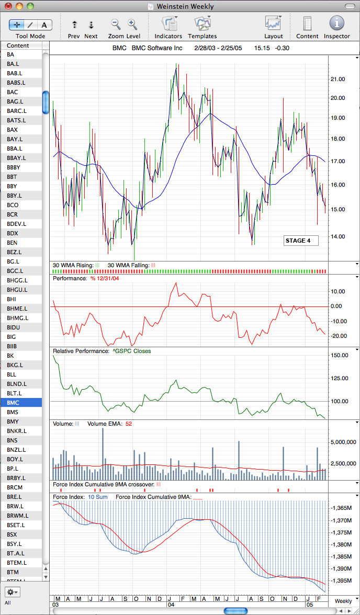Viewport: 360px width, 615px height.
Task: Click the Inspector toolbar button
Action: click(336, 23)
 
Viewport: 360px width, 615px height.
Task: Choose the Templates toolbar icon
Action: click(203, 23)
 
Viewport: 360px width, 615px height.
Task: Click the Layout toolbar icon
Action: click(274, 23)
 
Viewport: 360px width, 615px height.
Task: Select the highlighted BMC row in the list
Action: click(21, 403)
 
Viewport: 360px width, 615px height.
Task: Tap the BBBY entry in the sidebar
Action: click(14, 167)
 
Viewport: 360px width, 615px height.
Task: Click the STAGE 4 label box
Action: click(301, 241)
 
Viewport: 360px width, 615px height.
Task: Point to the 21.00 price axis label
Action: click(338, 79)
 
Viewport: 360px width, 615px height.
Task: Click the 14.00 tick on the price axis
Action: click(338, 236)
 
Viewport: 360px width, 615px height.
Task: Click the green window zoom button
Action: click(30, 6)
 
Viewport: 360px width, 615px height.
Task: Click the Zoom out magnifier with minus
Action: click(116, 24)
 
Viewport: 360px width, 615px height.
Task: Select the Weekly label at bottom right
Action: click(343, 601)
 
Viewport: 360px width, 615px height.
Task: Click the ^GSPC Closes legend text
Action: click(131, 351)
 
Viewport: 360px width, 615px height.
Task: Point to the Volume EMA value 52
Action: click(129, 424)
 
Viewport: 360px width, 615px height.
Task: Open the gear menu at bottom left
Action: click(13, 592)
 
